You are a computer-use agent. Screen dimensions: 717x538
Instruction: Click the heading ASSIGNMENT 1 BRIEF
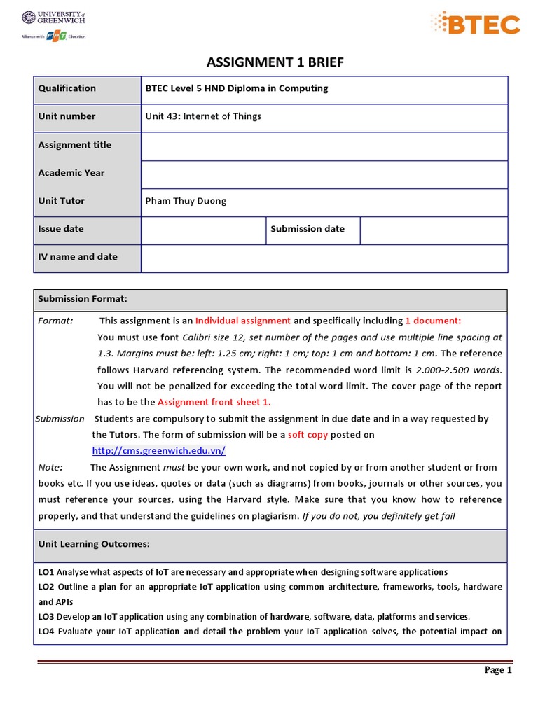[275, 63]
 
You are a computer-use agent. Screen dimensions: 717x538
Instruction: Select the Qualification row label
[67, 88]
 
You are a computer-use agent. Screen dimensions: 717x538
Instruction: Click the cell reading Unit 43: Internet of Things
[203, 116]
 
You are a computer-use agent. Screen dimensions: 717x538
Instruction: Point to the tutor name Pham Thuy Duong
[186, 201]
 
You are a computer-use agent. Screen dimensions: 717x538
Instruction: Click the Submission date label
[308, 229]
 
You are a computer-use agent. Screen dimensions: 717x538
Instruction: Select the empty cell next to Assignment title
[324, 146]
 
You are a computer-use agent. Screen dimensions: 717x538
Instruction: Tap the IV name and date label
[78, 257]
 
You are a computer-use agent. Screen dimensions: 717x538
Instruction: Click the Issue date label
[61, 229]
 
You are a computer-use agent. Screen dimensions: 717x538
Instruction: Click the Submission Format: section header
[83, 299]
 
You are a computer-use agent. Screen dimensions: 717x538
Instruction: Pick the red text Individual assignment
[242, 321]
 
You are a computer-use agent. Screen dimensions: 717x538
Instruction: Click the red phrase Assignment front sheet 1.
[214, 402]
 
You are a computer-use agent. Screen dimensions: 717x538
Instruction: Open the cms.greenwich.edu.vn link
[158, 451]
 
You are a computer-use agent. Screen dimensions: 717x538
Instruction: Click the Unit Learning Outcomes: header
[94, 544]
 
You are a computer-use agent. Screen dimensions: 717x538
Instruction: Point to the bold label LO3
[47, 617]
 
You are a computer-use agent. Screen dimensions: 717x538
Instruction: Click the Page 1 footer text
[499, 670]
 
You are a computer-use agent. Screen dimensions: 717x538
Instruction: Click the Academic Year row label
[71, 173]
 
